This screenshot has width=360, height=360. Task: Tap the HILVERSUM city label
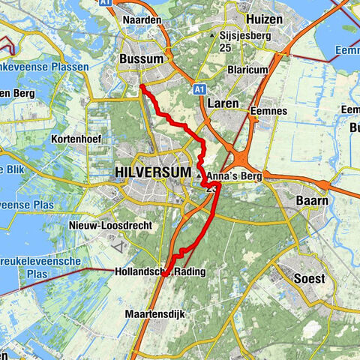point(150,172)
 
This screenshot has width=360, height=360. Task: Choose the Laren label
point(223,103)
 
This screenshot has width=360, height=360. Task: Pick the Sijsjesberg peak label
point(244,34)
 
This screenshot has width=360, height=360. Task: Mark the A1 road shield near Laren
point(200,88)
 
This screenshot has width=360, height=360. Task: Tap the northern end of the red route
point(141,87)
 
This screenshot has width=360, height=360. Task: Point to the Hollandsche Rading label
point(153,271)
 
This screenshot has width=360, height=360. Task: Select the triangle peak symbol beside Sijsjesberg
point(214,34)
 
